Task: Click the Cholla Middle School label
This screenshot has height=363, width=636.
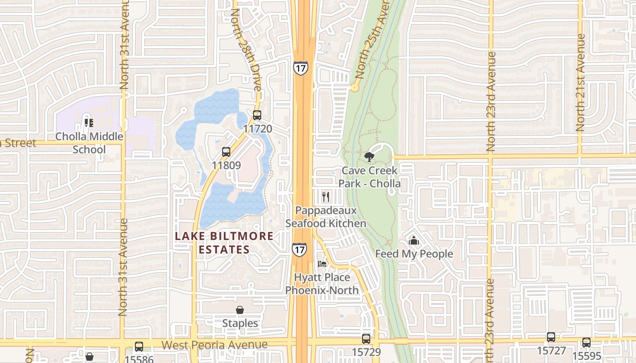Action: pyautogui.click(x=89, y=143)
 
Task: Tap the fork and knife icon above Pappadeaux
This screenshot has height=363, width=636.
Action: pyautogui.click(x=325, y=196)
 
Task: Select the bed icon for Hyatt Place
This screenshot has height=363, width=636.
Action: pyautogui.click(x=322, y=264)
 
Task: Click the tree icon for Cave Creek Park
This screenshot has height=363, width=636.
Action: pyautogui.click(x=369, y=157)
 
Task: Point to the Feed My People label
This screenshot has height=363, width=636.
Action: pyautogui.click(x=414, y=254)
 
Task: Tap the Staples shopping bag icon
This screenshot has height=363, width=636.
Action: pyautogui.click(x=240, y=310)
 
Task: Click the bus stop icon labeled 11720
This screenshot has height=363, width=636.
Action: pyautogui.click(x=257, y=115)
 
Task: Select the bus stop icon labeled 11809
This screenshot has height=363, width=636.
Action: pyautogui.click(x=226, y=152)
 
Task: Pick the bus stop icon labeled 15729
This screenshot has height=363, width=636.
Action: pyautogui.click(x=366, y=338)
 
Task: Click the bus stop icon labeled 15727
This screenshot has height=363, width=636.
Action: pyautogui.click(x=551, y=337)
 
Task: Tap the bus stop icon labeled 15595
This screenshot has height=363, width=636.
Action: pyautogui.click(x=586, y=343)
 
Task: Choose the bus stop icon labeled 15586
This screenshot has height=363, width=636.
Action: pyautogui.click(x=139, y=347)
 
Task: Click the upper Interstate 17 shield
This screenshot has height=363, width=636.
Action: pyautogui.click(x=300, y=68)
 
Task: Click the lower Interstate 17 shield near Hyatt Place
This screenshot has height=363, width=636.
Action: pyautogui.click(x=299, y=250)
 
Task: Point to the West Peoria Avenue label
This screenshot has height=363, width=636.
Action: pyautogui.click(x=214, y=345)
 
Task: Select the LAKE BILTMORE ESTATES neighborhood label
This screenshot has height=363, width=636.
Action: pyautogui.click(x=224, y=243)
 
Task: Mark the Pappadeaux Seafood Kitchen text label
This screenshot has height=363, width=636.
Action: pyautogui.click(x=325, y=217)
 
